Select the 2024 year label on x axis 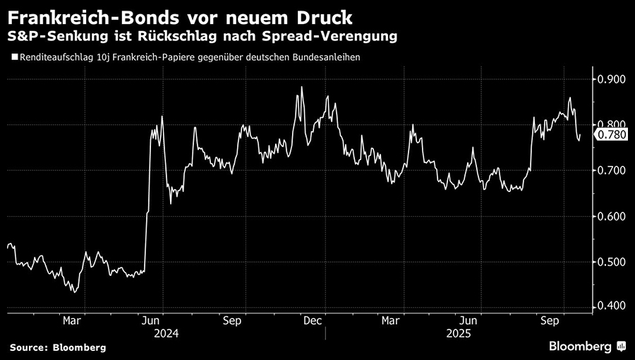(x=167, y=332)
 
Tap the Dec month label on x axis (x=313, y=320)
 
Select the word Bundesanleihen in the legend (x=325, y=58)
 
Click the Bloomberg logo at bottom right (x=586, y=346)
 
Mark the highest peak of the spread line (x=302, y=87)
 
